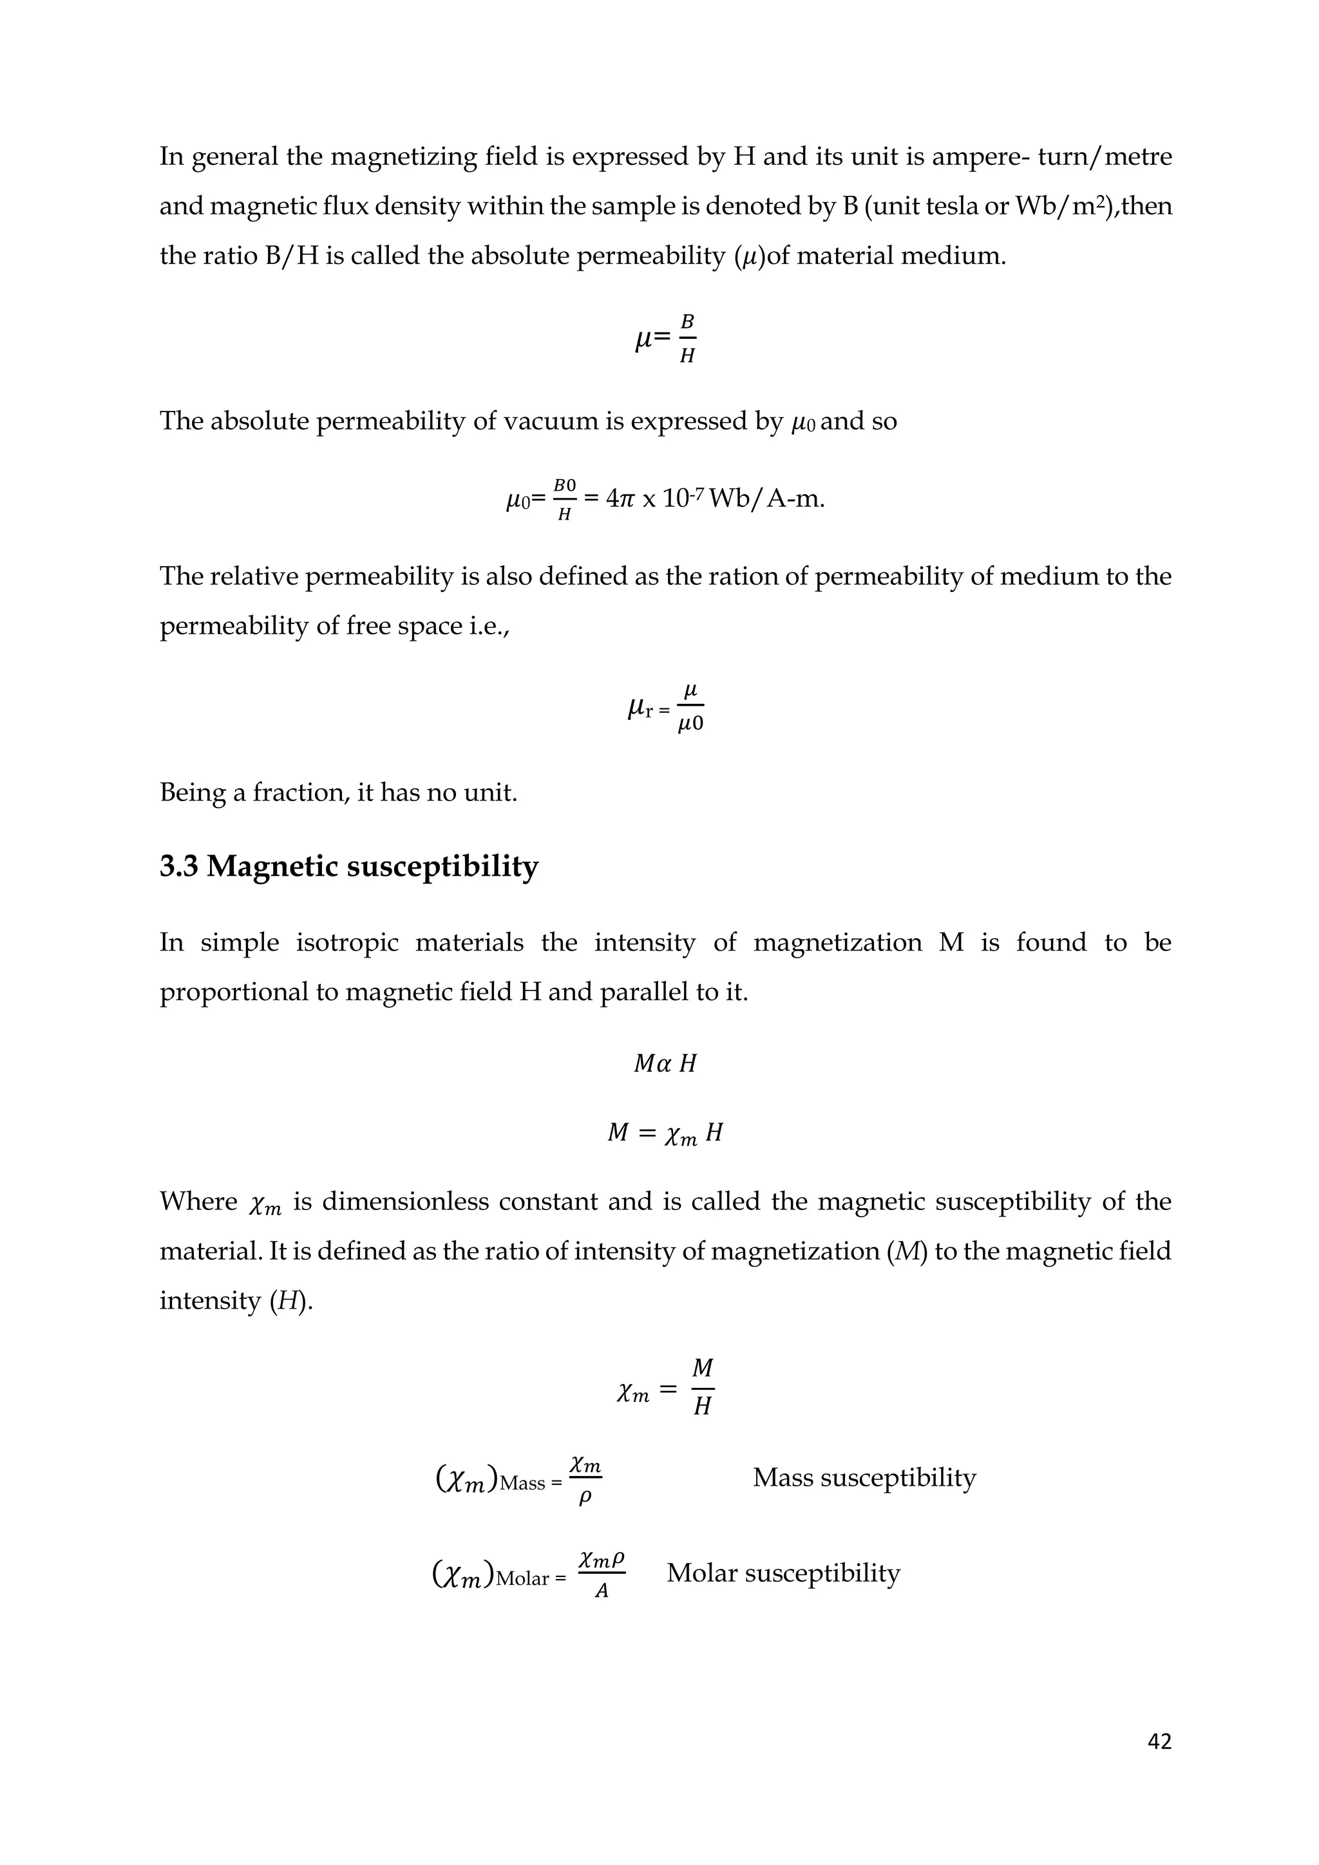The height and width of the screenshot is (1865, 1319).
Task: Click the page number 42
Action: coord(1159,1741)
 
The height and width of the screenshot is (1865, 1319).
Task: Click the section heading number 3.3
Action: coord(178,867)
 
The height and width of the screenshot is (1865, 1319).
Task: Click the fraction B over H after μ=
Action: coord(687,339)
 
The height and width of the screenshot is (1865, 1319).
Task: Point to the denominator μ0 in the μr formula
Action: coord(690,724)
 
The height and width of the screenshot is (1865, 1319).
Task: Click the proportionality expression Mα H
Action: coord(665,1064)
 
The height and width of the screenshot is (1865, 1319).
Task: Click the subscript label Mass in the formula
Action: coord(522,1483)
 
